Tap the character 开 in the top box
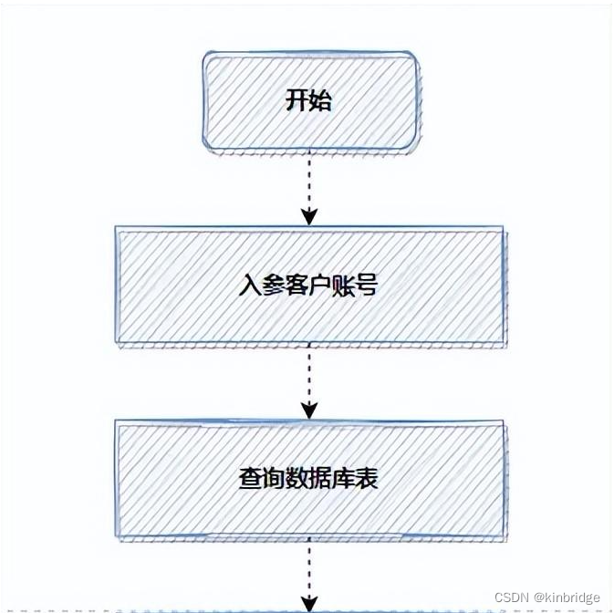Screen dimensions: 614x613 (297, 100)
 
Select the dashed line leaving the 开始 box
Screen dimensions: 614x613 (309, 178)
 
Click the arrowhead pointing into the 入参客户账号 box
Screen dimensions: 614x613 (309, 216)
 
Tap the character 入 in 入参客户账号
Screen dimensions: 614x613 (249, 286)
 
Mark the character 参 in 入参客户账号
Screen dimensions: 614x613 (271, 286)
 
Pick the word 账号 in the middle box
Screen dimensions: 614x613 (356, 286)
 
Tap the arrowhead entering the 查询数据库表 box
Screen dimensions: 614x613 (309, 410)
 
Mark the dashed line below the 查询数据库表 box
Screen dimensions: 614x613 (309, 566)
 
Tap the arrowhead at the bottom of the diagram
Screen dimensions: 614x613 (309, 603)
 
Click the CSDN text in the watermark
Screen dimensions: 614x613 (512, 597)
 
